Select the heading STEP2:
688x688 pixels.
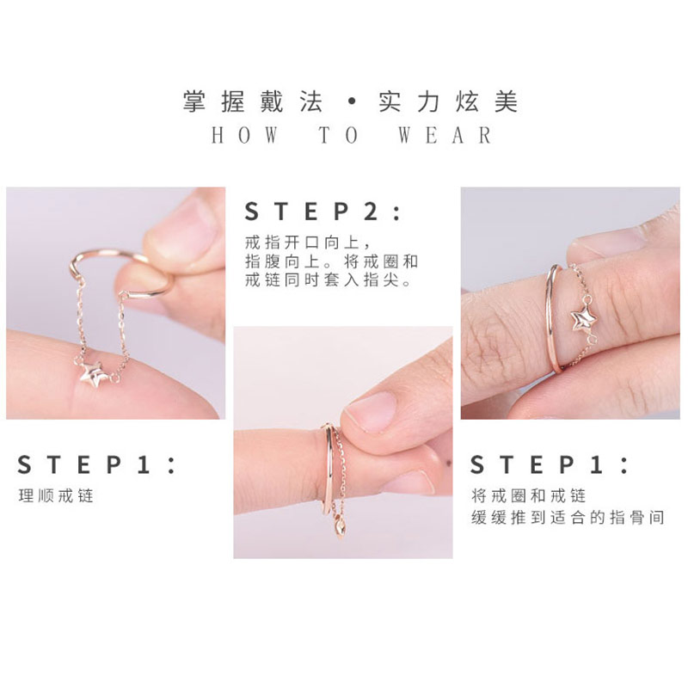[322, 212]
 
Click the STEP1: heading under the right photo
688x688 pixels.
[549, 465]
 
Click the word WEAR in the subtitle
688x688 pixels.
[445, 136]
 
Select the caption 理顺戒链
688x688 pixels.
[55, 496]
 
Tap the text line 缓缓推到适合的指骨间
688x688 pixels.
[568, 518]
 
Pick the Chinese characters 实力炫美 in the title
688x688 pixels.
[448, 103]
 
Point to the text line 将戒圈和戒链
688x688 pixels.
[528, 496]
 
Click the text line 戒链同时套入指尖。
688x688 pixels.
[331, 280]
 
